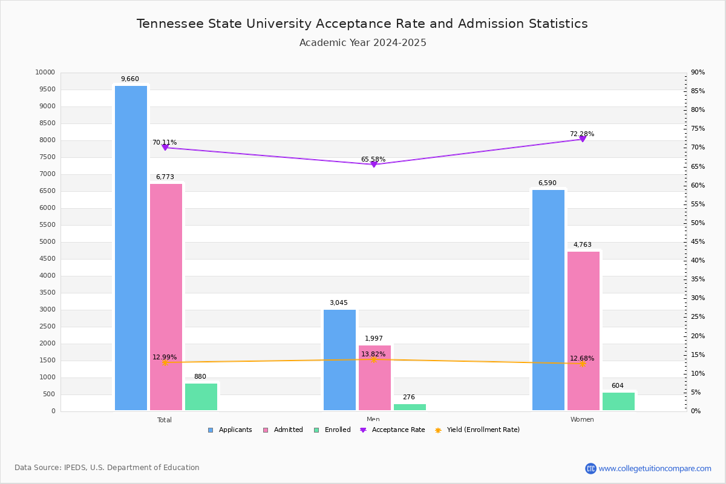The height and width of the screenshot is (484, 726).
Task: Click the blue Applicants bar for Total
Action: (131, 248)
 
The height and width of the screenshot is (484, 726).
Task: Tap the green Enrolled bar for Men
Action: (410, 407)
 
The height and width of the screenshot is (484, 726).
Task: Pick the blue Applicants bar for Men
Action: (339, 360)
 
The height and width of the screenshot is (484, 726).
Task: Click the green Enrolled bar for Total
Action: (201, 397)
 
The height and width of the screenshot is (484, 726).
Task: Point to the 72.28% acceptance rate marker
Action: (582, 139)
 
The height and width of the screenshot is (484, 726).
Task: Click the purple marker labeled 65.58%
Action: (373, 165)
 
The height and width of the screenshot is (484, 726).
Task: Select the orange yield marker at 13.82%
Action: (373, 359)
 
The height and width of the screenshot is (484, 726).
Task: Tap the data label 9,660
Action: (129, 79)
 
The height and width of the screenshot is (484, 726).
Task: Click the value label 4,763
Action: (582, 245)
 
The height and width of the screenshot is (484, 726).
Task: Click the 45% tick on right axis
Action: (698, 242)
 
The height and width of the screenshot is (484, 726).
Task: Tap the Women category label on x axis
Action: (582, 420)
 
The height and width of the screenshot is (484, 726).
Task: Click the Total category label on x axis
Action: (165, 420)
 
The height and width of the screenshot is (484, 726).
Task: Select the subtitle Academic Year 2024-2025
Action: (363, 43)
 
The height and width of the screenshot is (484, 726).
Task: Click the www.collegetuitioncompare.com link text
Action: (655, 468)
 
